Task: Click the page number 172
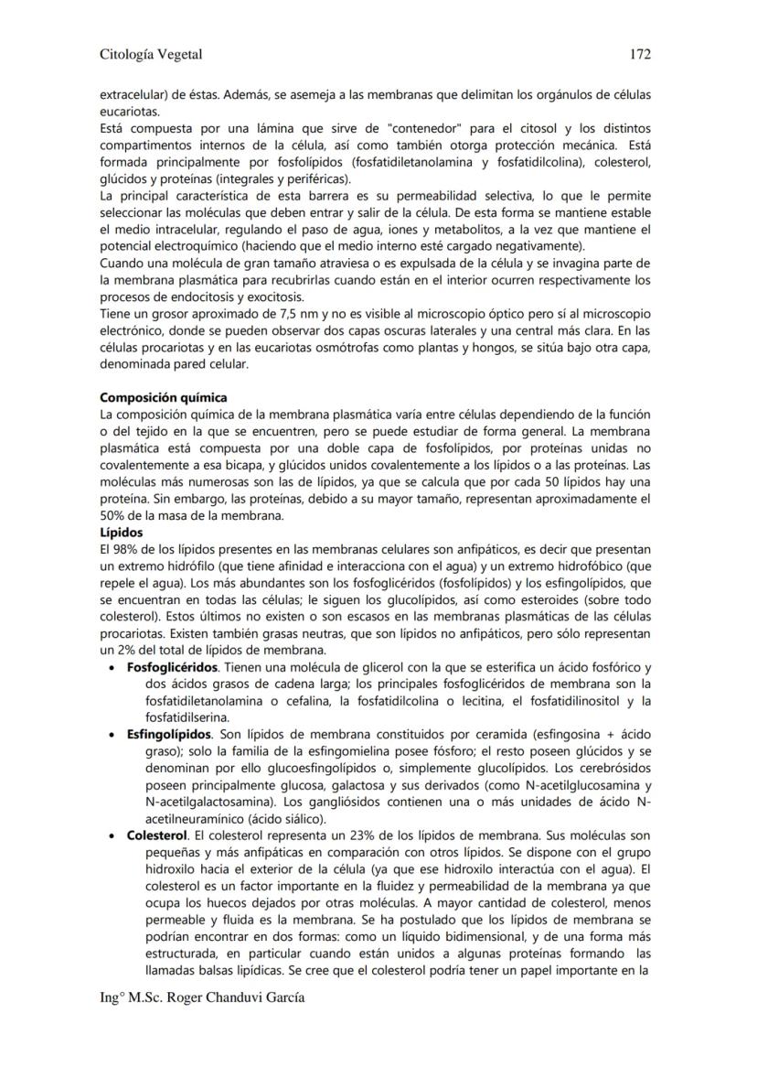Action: click(x=640, y=54)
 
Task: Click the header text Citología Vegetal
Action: click(x=151, y=54)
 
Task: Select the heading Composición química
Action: click(x=164, y=398)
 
